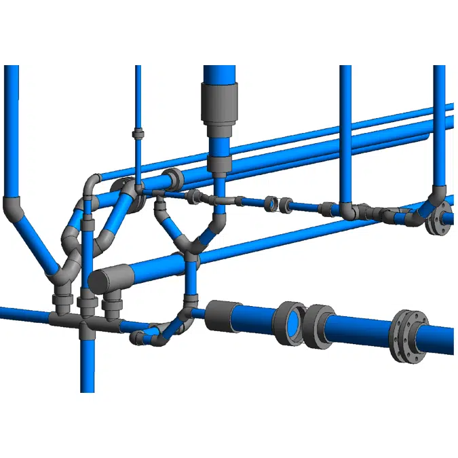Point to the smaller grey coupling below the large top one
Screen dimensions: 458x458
[x=220, y=163]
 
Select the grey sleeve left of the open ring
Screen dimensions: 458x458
[x=219, y=316]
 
